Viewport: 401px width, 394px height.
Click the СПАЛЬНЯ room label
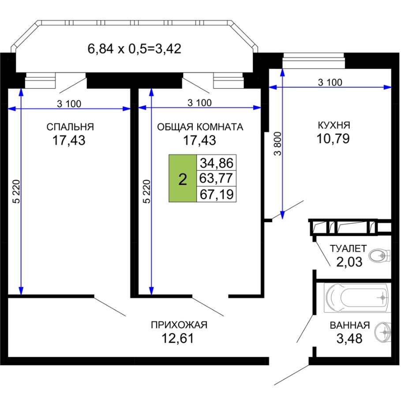click(x=70, y=127)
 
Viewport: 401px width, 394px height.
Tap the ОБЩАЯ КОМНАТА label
click(x=200, y=127)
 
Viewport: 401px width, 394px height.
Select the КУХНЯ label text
click(x=334, y=125)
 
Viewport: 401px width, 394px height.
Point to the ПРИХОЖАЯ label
click(x=179, y=325)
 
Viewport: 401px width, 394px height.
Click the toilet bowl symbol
click(x=380, y=256)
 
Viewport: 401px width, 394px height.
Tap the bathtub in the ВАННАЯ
click(x=357, y=297)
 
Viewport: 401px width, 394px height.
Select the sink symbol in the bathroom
click(x=383, y=332)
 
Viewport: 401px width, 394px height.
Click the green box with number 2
click(x=183, y=178)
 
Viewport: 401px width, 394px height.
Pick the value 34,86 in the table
click(x=217, y=163)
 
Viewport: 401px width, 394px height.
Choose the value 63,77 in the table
click(x=216, y=178)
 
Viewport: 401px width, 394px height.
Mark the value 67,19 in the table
click(x=217, y=194)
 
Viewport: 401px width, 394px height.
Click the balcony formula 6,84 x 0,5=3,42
click(x=135, y=48)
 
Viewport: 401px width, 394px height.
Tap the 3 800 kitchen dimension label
click(x=277, y=144)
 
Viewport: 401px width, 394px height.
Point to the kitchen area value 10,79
click(x=333, y=139)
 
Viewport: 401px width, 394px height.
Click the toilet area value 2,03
click(x=349, y=262)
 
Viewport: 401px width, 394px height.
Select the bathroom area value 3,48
click(x=349, y=338)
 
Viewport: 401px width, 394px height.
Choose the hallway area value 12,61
click(x=178, y=338)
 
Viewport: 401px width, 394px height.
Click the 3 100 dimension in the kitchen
click(x=330, y=82)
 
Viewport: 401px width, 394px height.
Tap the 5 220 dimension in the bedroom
click(x=17, y=191)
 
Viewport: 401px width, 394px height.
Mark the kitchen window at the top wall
click(x=314, y=60)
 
